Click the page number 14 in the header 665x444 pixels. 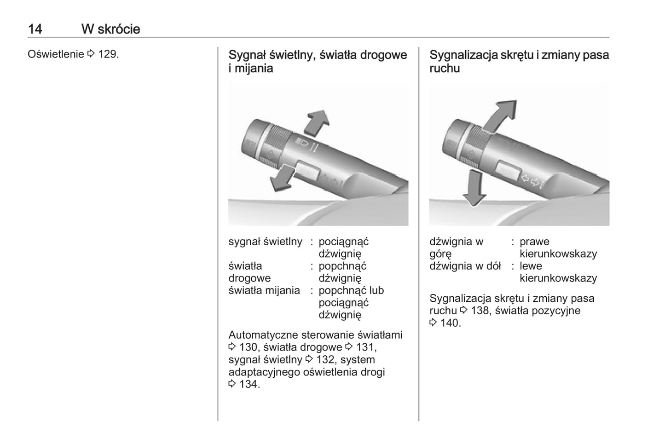[35, 29]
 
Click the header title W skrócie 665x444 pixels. [110, 29]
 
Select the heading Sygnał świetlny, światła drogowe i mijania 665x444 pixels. [318, 62]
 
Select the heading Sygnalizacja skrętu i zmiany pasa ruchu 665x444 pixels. [519, 62]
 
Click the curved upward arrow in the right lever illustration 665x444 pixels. [500, 115]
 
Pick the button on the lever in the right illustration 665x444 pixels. [508, 172]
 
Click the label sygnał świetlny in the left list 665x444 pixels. [265, 242]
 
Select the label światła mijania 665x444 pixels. [264, 290]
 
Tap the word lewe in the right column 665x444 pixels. [531, 266]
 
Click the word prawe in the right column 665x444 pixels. [534, 242]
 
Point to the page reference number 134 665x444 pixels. [249, 384]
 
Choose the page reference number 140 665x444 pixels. [450, 323]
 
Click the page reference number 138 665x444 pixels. [480, 311]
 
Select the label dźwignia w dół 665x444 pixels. [465, 266]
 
